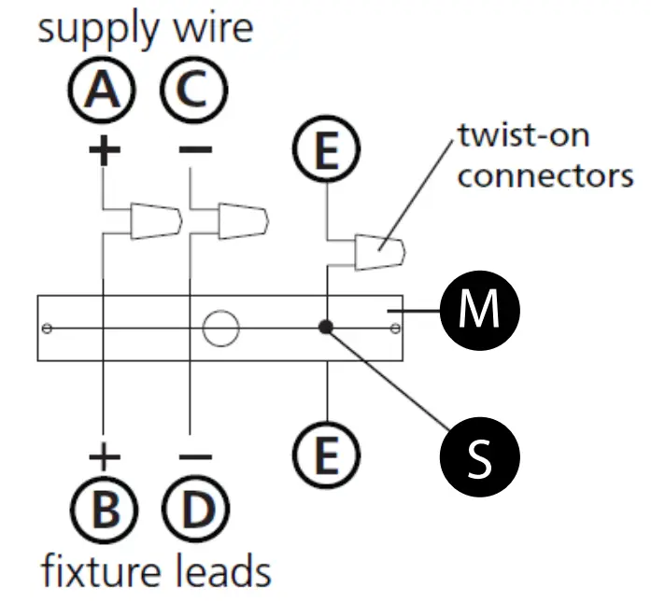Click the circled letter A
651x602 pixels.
tap(102, 90)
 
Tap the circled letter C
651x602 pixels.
tap(194, 90)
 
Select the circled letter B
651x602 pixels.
tap(104, 509)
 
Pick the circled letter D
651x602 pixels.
tap(195, 509)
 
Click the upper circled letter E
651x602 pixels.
tap(326, 149)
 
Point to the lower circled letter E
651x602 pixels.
tap(326, 455)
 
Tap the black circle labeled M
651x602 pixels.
tap(479, 311)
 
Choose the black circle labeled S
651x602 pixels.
tap(479, 456)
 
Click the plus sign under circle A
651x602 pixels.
tap(105, 149)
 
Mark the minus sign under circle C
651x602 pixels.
tap(195, 149)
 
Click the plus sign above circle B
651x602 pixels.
tap(105, 456)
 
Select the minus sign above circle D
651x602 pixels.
tap(195, 456)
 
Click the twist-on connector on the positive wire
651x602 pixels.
tap(156, 221)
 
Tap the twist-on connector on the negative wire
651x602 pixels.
tap(243, 221)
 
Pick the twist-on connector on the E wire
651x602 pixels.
tap(380, 252)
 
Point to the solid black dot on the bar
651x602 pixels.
tap(326, 328)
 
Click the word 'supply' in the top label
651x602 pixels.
tap(98, 30)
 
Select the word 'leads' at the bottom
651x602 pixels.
tap(222, 571)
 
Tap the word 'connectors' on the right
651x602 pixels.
tap(545, 176)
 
